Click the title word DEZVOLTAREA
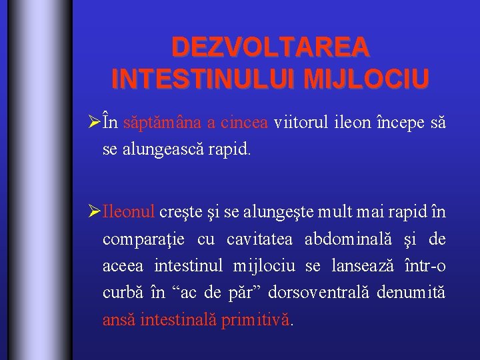270,47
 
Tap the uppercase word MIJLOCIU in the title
365,77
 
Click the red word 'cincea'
245,124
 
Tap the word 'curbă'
120,293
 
